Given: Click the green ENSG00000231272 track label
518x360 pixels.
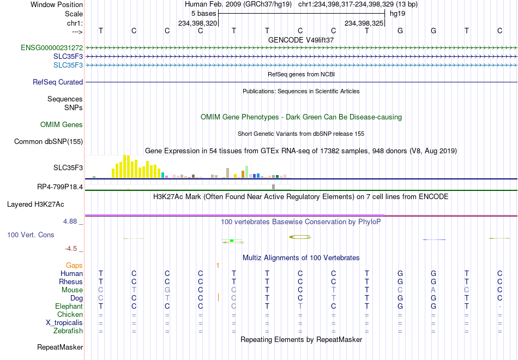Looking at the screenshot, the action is pos(52,47).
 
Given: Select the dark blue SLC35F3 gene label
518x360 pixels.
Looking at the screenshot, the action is pos(68,57).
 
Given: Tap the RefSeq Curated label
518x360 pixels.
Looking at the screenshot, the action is pos(58,82).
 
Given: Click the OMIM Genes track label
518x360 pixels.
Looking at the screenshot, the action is pos(62,124).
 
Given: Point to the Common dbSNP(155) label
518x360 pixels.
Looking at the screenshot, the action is pos(49,141).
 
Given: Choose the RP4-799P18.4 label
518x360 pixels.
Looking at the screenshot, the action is pos(60,187).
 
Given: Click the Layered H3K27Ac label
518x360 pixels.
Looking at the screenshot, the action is pos(35,205).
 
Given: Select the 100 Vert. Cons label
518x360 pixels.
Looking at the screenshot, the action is pos(31,235).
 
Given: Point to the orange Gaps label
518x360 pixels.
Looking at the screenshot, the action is pos(74,266).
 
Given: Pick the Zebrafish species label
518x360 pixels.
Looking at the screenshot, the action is pos(68,331).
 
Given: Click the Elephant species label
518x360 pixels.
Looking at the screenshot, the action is pos(69,306).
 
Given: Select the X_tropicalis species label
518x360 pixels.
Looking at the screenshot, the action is pos(64,323).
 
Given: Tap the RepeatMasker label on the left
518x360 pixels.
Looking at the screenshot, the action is pos(60,347).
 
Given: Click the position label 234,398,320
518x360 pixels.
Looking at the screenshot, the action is pos(197,23).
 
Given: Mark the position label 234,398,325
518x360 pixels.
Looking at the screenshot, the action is pos(364,23).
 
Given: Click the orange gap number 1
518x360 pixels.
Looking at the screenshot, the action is pos(218,266).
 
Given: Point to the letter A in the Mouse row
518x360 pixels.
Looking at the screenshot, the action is pos(433,290).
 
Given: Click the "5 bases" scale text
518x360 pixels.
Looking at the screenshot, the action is pos(203,14).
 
